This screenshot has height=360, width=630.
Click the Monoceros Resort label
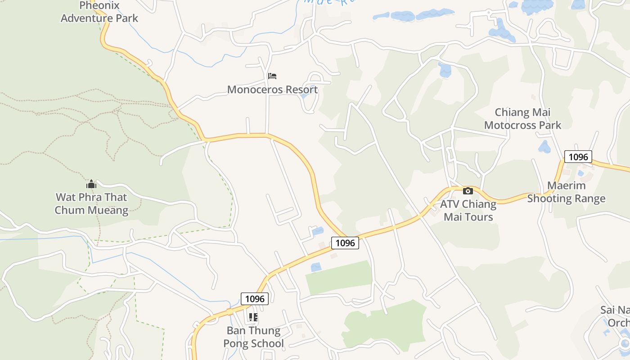click(272, 89)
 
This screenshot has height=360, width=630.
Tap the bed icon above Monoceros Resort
click(272, 76)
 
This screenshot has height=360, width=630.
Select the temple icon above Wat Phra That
click(91, 184)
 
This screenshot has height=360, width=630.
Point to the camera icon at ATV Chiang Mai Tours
click(468, 191)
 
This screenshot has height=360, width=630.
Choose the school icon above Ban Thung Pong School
click(253, 317)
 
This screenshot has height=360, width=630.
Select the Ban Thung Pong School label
click(255, 337)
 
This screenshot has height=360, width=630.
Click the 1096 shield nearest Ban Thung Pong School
click(255, 298)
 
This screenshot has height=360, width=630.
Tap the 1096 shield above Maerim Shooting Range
click(578, 157)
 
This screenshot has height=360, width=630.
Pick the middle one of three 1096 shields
click(345, 243)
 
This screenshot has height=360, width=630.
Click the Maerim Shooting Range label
click(566, 192)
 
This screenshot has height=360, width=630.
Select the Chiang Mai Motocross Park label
click(522, 118)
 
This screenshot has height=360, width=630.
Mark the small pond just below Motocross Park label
click(544, 147)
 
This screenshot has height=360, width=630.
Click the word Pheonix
click(99, 6)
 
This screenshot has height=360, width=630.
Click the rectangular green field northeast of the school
click(339, 277)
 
